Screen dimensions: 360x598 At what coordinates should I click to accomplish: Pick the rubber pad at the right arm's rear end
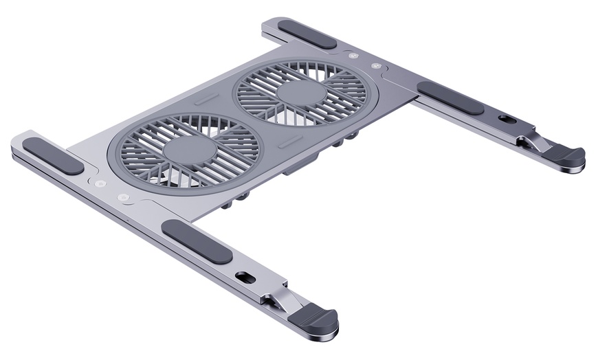pos(307,34)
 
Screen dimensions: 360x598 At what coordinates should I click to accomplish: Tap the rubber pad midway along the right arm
pos(450,98)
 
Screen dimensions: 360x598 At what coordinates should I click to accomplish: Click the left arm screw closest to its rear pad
pos(101,184)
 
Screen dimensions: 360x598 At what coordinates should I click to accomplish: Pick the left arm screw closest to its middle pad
pos(123,197)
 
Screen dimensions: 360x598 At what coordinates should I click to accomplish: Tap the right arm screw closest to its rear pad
pos(353,56)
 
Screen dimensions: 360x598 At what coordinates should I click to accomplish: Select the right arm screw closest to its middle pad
pos(375,67)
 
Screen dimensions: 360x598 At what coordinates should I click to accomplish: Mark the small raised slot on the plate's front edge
pos(290,142)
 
